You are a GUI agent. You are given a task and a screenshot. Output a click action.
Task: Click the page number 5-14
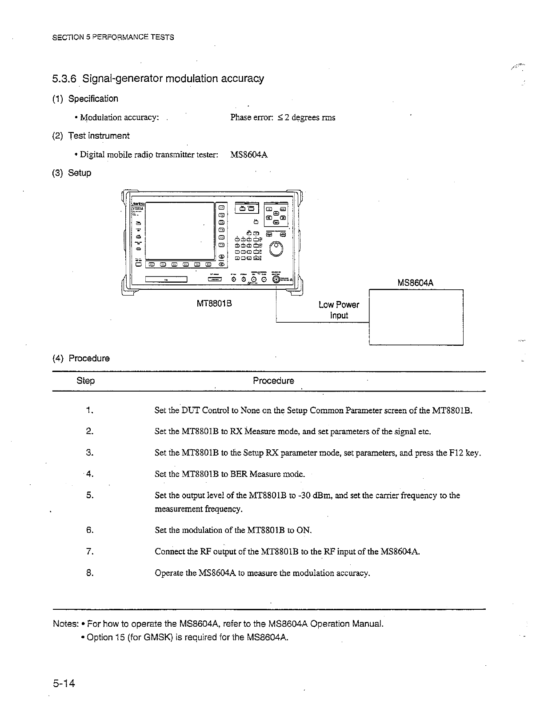coord(64,683)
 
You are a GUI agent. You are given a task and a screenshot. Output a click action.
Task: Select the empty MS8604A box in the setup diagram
coord(416,317)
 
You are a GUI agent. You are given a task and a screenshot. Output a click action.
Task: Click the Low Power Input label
coord(339,310)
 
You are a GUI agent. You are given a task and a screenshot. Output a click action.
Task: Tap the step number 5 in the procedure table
coord(89,495)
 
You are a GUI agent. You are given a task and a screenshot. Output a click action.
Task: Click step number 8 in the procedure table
coord(89,573)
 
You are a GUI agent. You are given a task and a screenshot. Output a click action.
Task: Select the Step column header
coord(86,381)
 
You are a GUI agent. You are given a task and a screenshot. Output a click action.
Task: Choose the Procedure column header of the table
coord(273,381)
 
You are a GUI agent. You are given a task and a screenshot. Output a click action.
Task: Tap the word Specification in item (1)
coord(93,99)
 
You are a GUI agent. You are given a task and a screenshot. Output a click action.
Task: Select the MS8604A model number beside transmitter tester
coord(249,155)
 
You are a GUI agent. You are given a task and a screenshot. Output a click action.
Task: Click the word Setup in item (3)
coord(80,173)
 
